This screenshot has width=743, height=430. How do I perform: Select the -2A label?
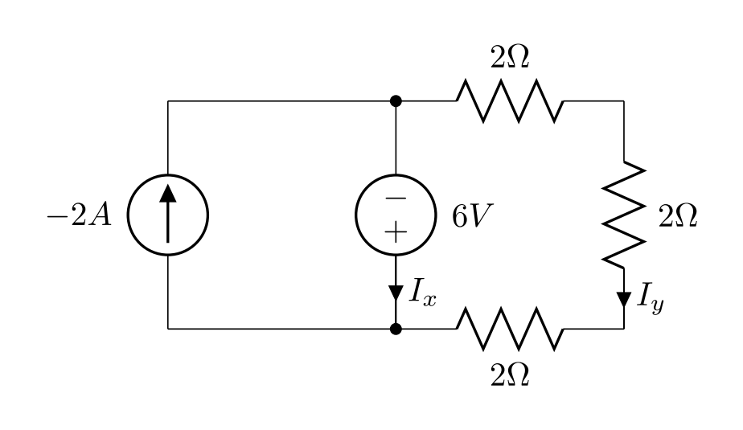[x=80, y=216]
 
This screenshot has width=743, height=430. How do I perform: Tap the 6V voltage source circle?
[x=396, y=215]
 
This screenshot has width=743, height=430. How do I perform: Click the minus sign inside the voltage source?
[x=396, y=198]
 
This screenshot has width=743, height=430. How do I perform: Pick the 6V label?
[x=466, y=216]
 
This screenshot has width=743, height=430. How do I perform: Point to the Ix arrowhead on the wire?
[x=396, y=292]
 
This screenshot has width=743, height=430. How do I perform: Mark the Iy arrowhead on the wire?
[x=624, y=299]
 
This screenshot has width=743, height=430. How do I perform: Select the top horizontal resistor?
[x=510, y=101]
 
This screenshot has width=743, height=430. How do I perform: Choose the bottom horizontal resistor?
[x=510, y=329]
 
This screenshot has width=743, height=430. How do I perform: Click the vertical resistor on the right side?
[x=624, y=215]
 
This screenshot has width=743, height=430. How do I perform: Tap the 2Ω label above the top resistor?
[x=510, y=59]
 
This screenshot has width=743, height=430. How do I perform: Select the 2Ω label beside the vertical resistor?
[x=678, y=216]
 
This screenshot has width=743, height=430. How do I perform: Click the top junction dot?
[x=396, y=101]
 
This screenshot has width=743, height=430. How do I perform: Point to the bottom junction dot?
[x=396, y=329]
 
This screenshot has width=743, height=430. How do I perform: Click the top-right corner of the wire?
[x=624, y=101]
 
